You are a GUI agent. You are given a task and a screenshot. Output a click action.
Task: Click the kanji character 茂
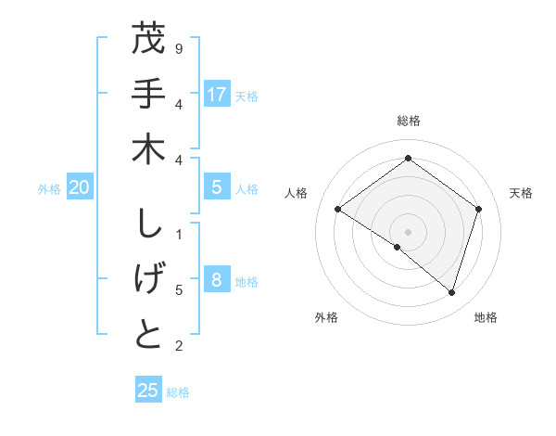pos(149,41)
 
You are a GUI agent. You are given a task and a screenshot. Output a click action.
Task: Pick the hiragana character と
pos(149,336)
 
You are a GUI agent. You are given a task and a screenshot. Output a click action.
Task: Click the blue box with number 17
pos(217,95)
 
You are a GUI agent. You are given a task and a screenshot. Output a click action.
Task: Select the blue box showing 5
pos(217,187)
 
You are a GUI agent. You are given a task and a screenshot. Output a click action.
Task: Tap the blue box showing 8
pos(217,281)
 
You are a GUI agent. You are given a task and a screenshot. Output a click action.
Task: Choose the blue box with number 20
pos(80,187)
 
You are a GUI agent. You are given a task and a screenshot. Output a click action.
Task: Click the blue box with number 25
pos(148,391)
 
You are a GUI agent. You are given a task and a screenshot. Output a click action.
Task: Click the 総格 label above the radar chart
pos(408,121)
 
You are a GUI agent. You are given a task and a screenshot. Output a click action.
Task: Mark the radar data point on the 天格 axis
pos(478,209)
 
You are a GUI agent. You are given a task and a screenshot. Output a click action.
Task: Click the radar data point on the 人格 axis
pos(337,209)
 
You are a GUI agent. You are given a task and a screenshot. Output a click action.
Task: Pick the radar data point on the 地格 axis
pos(451,292)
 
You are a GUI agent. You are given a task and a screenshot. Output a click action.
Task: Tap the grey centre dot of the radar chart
pos(408,231)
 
